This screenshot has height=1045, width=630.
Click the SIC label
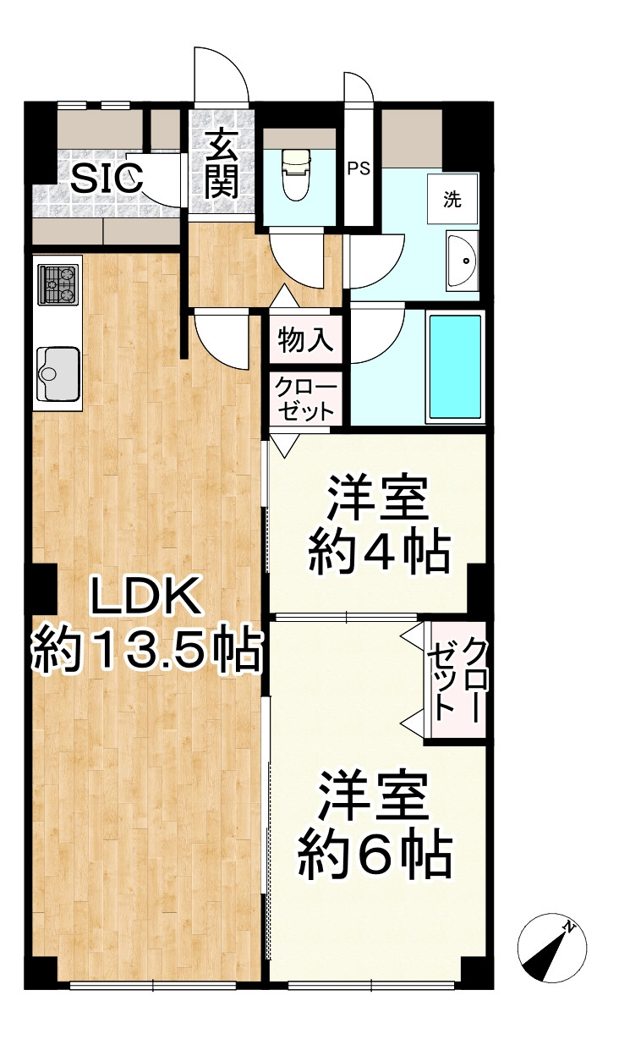pyautogui.click(x=107, y=179)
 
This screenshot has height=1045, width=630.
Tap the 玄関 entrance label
pyautogui.click(x=221, y=165)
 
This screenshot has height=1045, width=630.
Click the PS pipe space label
pyautogui.click(x=359, y=168)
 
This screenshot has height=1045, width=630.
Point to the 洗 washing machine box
pyautogui.click(x=453, y=201)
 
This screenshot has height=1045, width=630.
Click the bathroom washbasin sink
pyautogui.click(x=462, y=261)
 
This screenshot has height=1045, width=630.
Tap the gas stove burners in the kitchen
pyautogui.click(x=58, y=284)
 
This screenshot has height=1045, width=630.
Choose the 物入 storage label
pyautogui.click(x=306, y=340)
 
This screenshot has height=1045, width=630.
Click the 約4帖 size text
pyautogui.click(x=377, y=554)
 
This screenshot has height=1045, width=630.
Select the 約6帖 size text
pyautogui.click(x=375, y=856)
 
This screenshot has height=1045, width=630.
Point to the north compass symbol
pyautogui.click(x=551, y=949)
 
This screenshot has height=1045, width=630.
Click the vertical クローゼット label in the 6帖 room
pyautogui.click(x=457, y=680)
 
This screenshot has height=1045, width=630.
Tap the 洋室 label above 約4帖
pyautogui.click(x=378, y=499)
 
